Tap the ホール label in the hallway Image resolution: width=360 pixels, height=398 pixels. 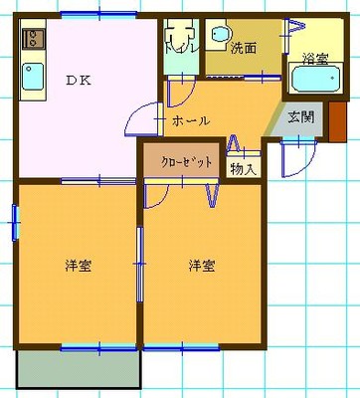[x=190, y=120]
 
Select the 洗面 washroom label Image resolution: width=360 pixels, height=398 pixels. [x=243, y=47]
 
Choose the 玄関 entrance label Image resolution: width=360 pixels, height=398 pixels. [x=301, y=116]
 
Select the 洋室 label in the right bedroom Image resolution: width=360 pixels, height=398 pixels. [x=203, y=266]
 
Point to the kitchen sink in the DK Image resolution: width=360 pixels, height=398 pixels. [x=32, y=75]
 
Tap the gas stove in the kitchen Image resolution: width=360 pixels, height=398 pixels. [x=31, y=40]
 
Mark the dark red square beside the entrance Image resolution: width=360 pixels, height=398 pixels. [x=334, y=115]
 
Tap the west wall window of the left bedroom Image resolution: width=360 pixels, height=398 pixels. [x=16, y=222]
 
